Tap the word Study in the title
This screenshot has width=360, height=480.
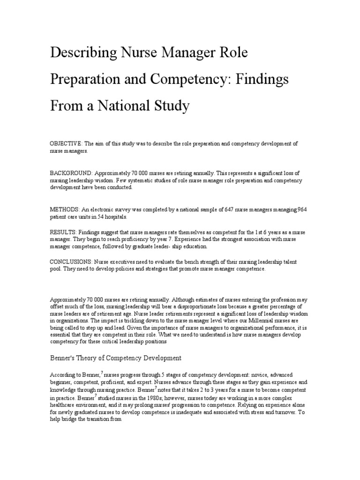(172, 106)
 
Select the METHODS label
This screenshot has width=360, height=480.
(64, 210)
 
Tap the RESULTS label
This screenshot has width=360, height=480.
(63, 232)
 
